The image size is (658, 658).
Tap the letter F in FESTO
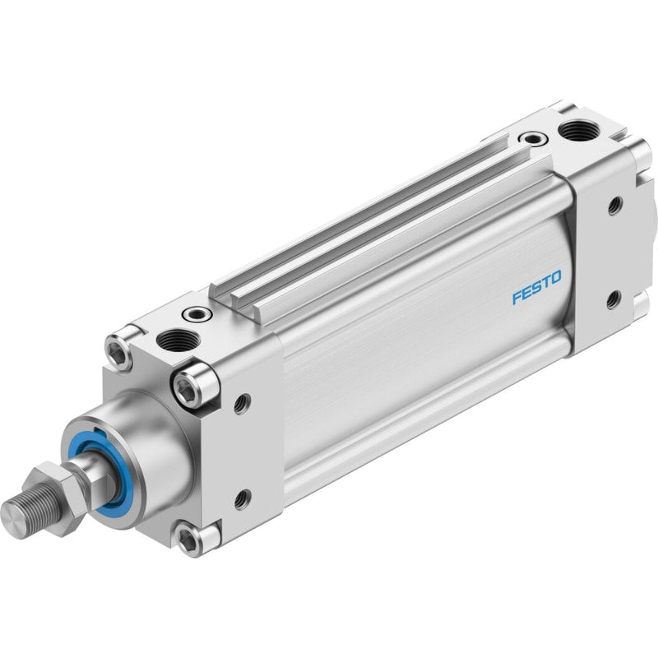coord(517,298)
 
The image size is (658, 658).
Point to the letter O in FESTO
coord(554,278)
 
